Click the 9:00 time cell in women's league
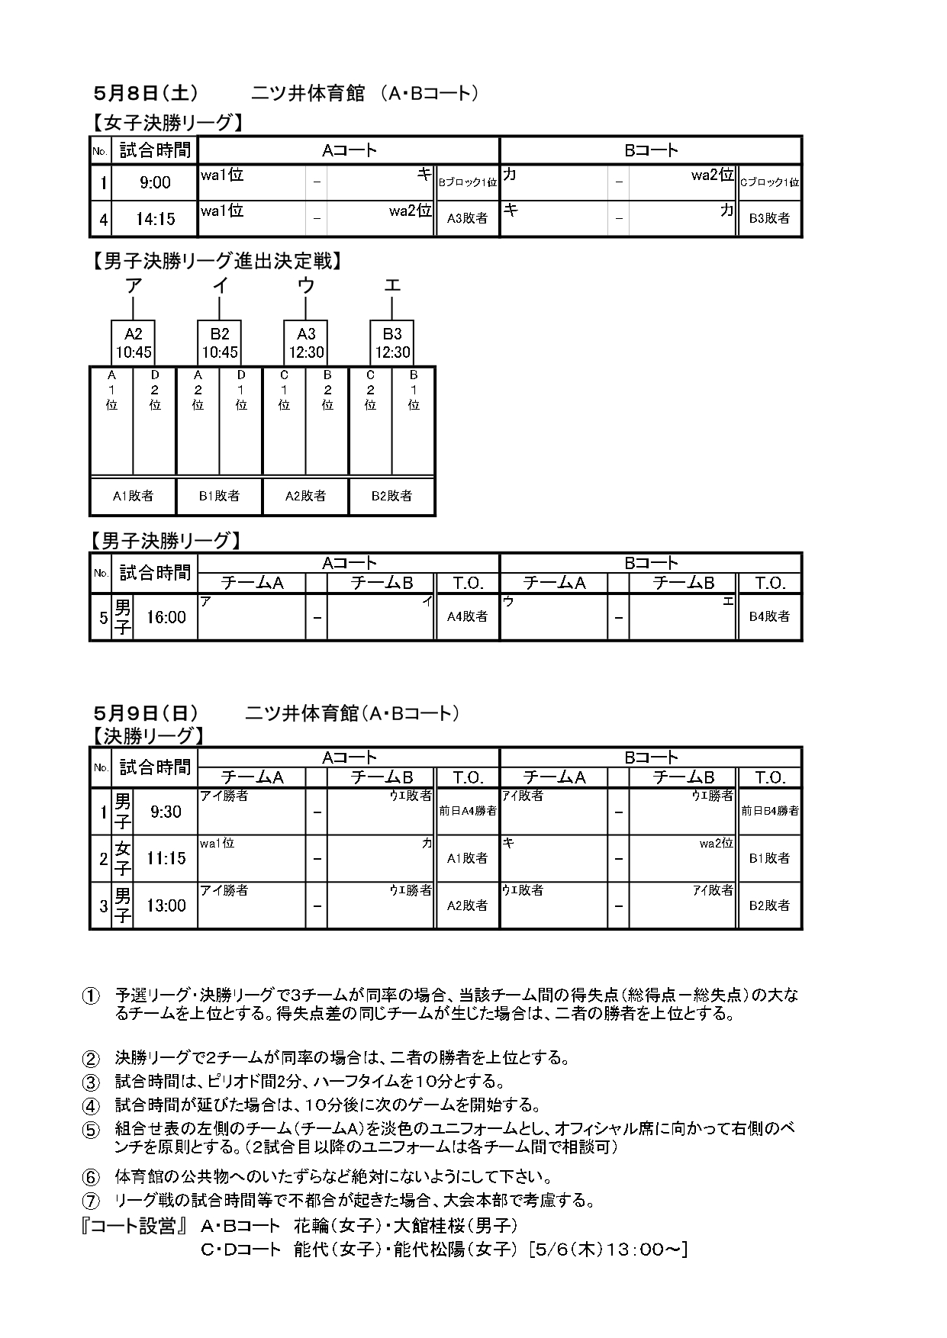click(155, 182)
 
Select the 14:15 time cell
click(155, 219)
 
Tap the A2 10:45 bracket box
click(134, 343)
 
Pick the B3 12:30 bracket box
click(392, 343)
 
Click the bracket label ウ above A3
click(306, 285)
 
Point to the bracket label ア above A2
click(134, 285)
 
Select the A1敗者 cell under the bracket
click(133, 496)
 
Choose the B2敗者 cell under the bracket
click(391, 496)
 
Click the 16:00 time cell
click(166, 617)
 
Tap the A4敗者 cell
click(467, 616)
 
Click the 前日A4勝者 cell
click(467, 811)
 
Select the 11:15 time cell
click(166, 858)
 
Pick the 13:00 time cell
click(166, 905)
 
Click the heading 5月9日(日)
click(146, 713)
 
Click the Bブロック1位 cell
click(467, 182)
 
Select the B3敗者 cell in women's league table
click(769, 218)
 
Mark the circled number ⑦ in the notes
click(92, 1201)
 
